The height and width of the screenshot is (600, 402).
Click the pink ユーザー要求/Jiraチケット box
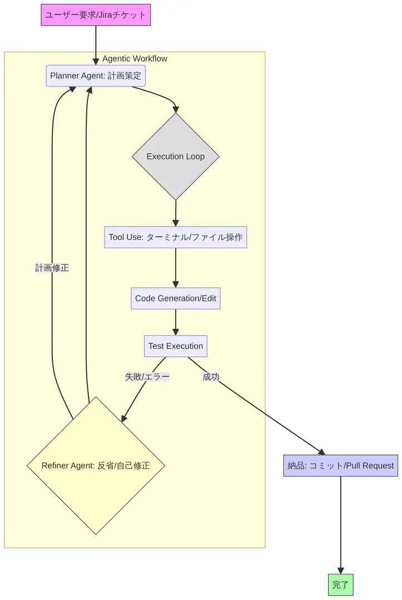(96, 15)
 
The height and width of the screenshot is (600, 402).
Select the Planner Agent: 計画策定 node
(96, 76)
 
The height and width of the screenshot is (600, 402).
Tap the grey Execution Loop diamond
(176, 157)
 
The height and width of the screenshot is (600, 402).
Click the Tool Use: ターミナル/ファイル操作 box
(176, 237)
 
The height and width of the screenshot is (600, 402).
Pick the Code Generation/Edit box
(176, 298)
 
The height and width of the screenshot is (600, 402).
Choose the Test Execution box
(176, 346)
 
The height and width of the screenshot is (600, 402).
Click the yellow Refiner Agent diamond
(96, 466)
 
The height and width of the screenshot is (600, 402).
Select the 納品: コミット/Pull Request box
(340, 466)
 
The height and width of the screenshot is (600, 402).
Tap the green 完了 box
(340, 585)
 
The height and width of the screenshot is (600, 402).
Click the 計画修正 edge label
(52, 268)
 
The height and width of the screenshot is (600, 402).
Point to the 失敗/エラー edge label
(147, 377)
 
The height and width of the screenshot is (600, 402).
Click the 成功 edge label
(211, 377)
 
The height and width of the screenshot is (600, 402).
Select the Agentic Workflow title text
(135, 59)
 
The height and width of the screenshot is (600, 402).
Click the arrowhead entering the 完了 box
(340, 571)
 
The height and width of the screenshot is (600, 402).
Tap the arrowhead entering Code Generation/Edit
(176, 284)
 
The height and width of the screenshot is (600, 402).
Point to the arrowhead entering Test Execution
(176, 332)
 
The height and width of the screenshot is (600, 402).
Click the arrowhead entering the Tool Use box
(176, 223)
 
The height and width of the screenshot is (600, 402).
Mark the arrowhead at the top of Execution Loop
(176, 110)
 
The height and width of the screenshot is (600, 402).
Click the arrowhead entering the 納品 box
(321, 452)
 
